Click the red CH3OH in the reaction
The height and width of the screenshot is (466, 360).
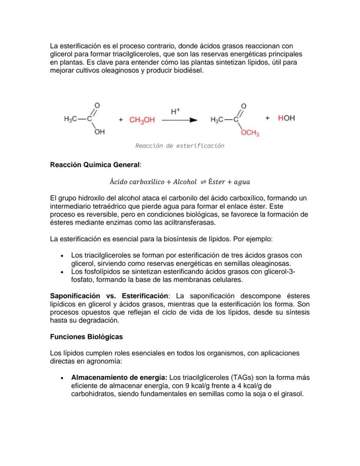(x=142, y=120)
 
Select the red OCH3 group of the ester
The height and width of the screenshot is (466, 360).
(x=250, y=134)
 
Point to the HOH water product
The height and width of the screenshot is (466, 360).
(x=286, y=118)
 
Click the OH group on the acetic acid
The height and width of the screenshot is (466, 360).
(x=100, y=132)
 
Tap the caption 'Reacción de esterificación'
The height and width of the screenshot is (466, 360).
(x=180, y=146)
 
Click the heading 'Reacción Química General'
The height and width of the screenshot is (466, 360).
(x=95, y=165)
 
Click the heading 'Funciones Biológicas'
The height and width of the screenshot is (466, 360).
(x=86, y=337)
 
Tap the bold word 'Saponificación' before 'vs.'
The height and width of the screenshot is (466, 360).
(x=75, y=296)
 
